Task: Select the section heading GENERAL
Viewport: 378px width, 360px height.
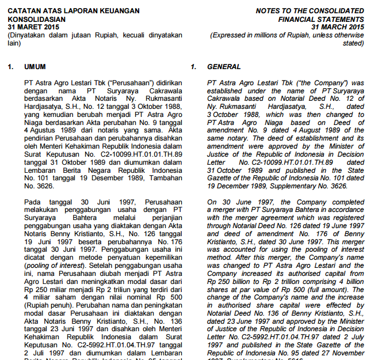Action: click(x=224, y=67)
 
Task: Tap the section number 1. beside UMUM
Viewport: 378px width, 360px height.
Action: click(x=11, y=67)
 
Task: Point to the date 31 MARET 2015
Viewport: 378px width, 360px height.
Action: click(x=33, y=27)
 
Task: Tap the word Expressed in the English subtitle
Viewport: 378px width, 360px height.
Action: click(x=232, y=35)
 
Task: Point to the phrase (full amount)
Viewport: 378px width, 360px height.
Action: click(x=326, y=290)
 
